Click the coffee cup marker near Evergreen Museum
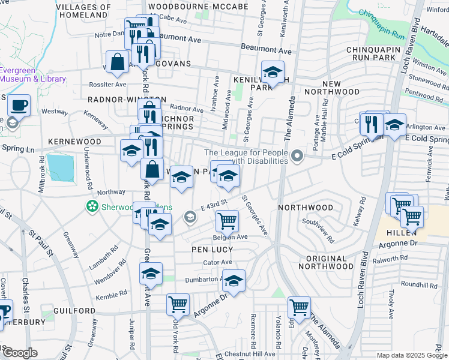pyautogui.click(x=19, y=105)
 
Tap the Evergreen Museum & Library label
pyautogui.click(x=33, y=74)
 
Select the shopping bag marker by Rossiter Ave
pyautogui.click(x=118, y=61)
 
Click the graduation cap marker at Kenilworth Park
pyautogui.click(x=273, y=73)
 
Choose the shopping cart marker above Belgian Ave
pyautogui.click(x=228, y=221)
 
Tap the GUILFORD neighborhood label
pyautogui.click(x=74, y=311)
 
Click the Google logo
pyautogui.click(x=20, y=353)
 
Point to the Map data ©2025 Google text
pyautogui.click(x=412, y=355)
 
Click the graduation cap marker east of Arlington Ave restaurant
pyautogui.click(x=394, y=125)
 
